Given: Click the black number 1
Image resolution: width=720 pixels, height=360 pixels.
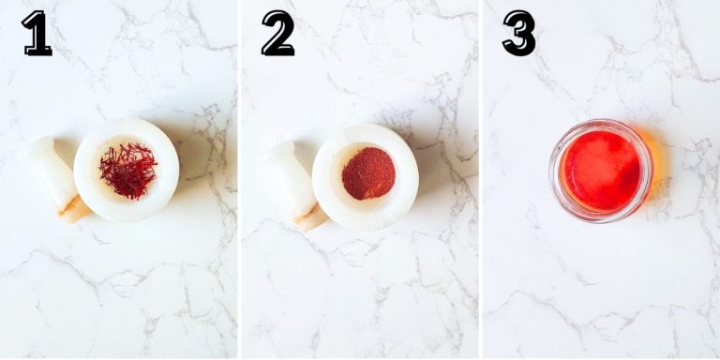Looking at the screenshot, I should [37, 34].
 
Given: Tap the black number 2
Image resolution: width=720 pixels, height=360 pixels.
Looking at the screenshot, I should [277, 34].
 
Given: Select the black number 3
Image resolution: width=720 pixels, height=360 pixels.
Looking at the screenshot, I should [518, 34].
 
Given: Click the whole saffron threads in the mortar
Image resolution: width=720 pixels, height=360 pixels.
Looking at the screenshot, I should [128, 170].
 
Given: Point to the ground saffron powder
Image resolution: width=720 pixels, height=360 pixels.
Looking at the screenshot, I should [367, 173].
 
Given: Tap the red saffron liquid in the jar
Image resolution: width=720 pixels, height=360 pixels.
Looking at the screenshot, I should [601, 171].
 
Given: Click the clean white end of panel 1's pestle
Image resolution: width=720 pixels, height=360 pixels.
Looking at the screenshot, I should [40, 149].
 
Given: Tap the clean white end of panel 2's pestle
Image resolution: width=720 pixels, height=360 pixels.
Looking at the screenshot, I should [281, 155].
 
